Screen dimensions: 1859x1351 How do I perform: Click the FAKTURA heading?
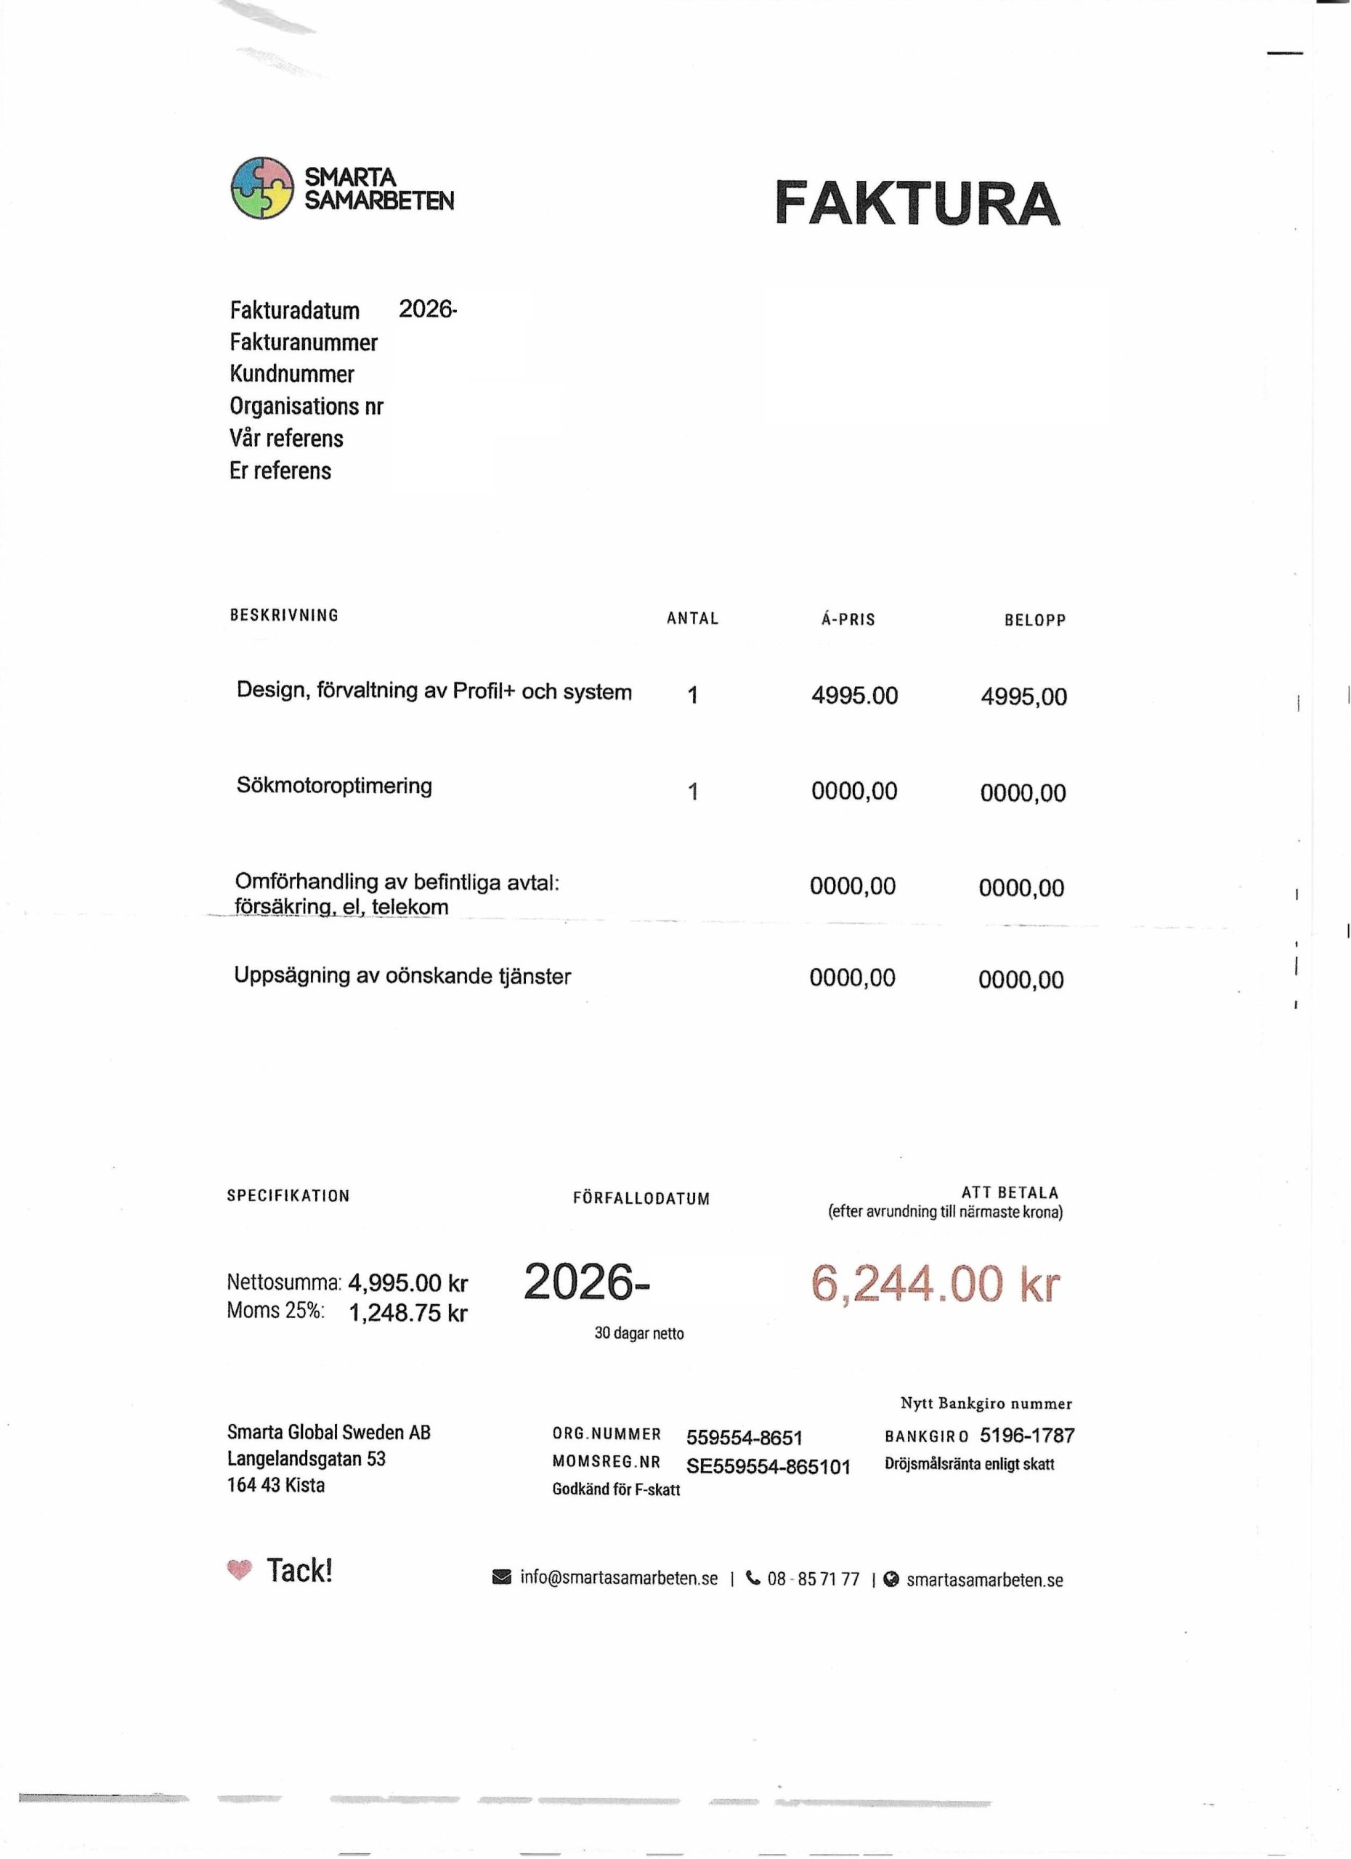click(917, 203)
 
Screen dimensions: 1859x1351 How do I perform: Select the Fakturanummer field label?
click(304, 343)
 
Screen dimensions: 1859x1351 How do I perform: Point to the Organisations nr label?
click(306, 407)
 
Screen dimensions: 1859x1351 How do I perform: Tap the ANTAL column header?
click(692, 619)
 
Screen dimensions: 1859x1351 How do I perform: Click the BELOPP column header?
click(1034, 620)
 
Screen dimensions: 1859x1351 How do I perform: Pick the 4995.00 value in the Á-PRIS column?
click(854, 696)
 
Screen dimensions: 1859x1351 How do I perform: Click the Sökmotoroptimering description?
click(333, 785)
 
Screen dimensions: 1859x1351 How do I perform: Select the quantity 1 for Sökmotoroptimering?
click(693, 792)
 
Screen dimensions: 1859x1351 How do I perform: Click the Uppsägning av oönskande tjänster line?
click(402, 975)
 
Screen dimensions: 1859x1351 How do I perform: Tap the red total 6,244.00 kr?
click(935, 1284)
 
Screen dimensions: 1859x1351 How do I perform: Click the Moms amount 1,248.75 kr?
click(407, 1313)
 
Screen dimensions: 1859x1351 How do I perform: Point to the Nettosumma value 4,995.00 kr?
click(407, 1282)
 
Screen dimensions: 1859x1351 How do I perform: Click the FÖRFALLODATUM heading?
click(641, 1198)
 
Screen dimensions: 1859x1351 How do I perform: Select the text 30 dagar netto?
click(638, 1333)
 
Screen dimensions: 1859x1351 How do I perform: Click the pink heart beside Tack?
click(238, 1570)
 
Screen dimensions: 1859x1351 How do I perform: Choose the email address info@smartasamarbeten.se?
click(618, 1579)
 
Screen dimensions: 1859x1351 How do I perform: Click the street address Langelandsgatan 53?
click(306, 1459)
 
